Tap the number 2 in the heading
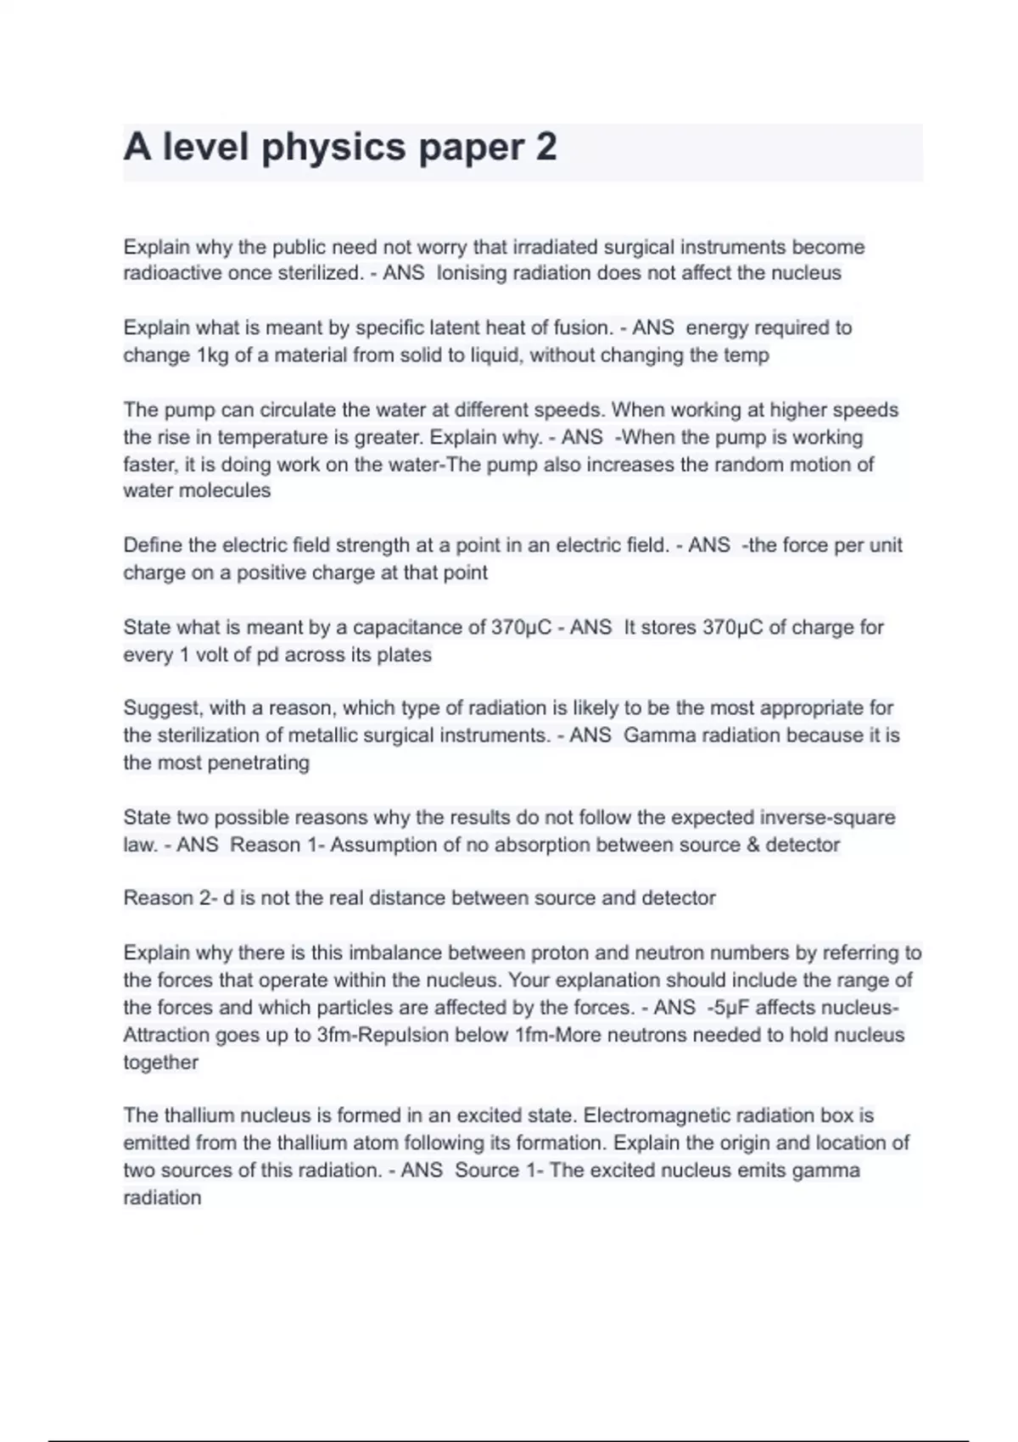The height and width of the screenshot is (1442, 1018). (x=546, y=148)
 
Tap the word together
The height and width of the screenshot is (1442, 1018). (x=160, y=1062)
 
